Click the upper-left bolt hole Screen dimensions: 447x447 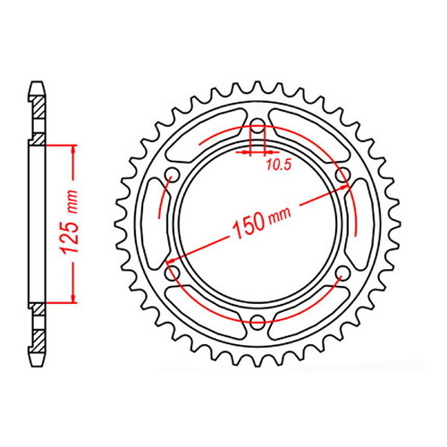[x=173, y=173]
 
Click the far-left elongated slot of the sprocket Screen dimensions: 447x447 [x=158, y=223]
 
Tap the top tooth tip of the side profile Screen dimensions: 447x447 [x=37, y=86]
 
